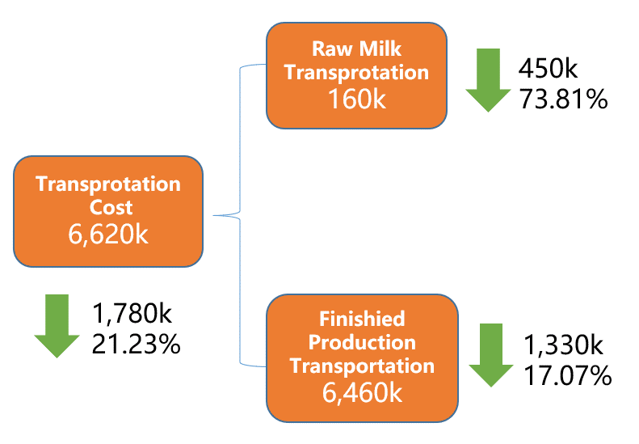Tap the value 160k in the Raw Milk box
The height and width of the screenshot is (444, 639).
click(x=357, y=99)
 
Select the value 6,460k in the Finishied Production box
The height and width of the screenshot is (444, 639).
click(x=362, y=392)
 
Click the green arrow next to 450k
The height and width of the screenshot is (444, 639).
click(x=488, y=80)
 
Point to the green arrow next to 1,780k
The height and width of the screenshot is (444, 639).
click(x=57, y=326)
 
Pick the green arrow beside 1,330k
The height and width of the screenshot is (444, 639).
click(x=491, y=355)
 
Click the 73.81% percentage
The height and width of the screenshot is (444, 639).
click(x=563, y=99)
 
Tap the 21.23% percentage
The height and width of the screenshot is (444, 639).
click(x=136, y=344)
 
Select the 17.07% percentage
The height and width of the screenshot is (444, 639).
click(x=568, y=375)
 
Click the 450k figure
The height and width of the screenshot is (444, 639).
click(x=549, y=68)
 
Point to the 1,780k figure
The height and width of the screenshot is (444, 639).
click(x=132, y=314)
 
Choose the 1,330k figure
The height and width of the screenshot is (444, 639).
click(x=563, y=345)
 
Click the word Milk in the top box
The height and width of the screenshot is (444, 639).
click(x=380, y=49)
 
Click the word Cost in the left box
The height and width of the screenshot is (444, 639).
click(x=111, y=207)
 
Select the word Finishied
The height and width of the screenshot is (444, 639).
click(x=362, y=319)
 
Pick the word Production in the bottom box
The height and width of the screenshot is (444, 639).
click(x=362, y=342)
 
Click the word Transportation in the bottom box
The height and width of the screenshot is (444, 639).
click(x=362, y=366)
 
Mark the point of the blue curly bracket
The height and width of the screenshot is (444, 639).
click(x=213, y=215)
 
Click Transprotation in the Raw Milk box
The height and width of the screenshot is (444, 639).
click(x=357, y=73)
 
